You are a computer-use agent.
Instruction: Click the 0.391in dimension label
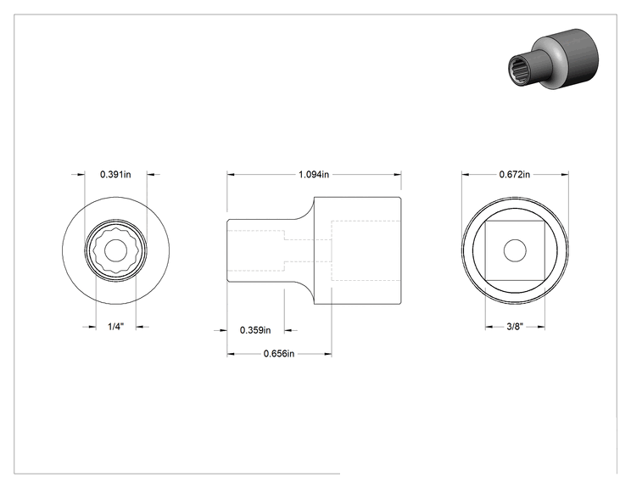point(115,174)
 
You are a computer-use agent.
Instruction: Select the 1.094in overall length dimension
point(314,174)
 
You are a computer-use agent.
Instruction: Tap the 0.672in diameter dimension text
point(515,174)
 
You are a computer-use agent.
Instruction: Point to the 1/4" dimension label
point(116,327)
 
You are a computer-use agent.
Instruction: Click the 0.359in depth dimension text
point(255,330)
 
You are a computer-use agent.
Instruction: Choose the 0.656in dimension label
point(279,354)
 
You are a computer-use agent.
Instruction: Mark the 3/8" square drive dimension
point(515,327)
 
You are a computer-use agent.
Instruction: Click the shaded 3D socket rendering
point(553,59)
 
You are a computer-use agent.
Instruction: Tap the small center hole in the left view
point(116,250)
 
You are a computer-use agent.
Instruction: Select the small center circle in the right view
point(515,250)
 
